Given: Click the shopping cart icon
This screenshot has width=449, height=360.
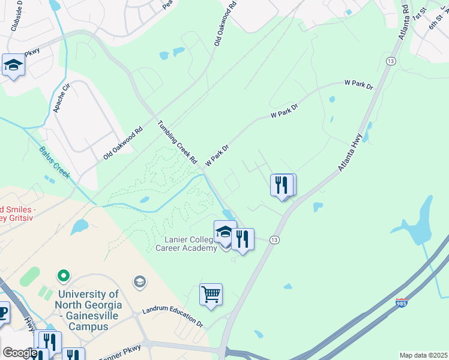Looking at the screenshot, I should point(211,295).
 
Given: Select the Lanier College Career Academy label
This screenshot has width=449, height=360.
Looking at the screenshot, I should point(186,244).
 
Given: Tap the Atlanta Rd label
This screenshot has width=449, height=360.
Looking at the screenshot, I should point(403,22).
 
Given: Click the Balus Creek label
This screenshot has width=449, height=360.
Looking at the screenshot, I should point(55,162).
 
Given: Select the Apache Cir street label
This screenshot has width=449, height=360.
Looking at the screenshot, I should point(62,98).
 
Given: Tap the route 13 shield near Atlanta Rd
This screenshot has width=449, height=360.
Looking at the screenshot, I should point(391,61).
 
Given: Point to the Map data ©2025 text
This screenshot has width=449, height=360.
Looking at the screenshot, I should point(423,355).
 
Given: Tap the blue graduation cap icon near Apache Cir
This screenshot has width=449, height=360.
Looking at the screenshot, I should point(13,65).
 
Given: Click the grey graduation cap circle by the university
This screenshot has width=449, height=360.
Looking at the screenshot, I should point(139,282).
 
